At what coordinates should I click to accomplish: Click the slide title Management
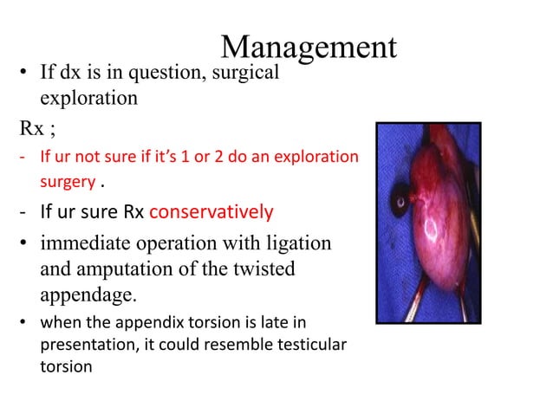[309, 47]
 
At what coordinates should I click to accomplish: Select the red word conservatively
[211, 211]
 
